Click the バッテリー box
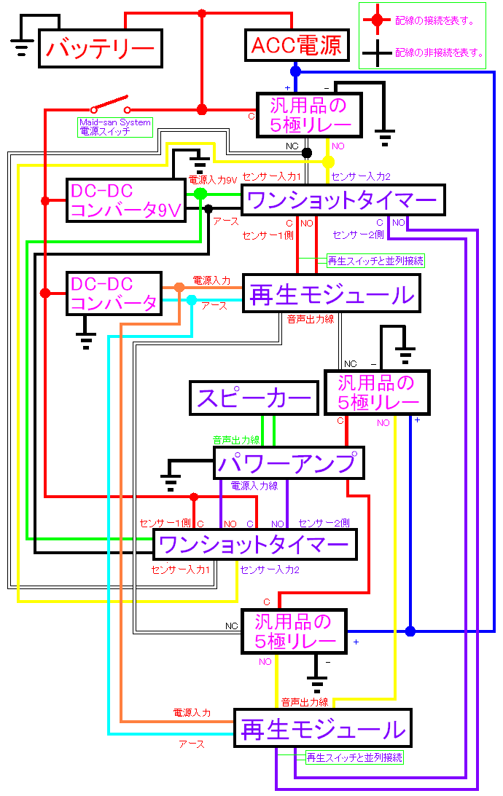pyautogui.click(x=101, y=48)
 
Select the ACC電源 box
pyautogui.click(x=297, y=45)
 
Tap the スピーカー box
pyautogui.click(x=254, y=398)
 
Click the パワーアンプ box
pyautogui.click(x=289, y=462)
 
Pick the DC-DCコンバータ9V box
pyautogui.click(x=126, y=200)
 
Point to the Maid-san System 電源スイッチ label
pyautogui.click(x=115, y=127)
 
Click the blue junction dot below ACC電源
pyautogui.click(x=295, y=71)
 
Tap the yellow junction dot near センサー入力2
pyautogui.click(x=328, y=162)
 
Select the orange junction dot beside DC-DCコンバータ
pyautogui.click(x=179, y=288)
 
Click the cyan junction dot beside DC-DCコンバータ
pyautogui.click(x=192, y=300)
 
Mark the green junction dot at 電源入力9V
pyautogui.click(x=200, y=194)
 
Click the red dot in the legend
pyautogui.click(x=377, y=20)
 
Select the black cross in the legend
pyautogui.click(x=377, y=52)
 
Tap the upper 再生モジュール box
pyautogui.click(x=332, y=293)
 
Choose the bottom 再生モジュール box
pyautogui.click(x=323, y=728)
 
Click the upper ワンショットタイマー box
pyautogui.click(x=343, y=200)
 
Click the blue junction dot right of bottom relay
pyautogui.click(x=410, y=631)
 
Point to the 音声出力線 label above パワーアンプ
pyautogui.click(x=236, y=440)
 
